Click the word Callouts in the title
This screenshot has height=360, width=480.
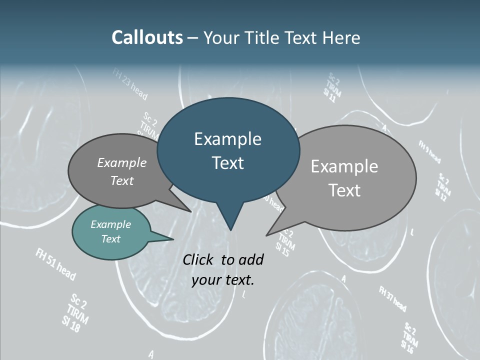(x=147, y=38)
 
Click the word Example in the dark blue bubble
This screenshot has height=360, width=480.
(x=227, y=139)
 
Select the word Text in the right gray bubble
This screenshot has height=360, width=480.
(x=344, y=190)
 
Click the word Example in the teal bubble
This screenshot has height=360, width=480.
(x=110, y=224)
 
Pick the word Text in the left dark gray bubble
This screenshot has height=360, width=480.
(x=122, y=181)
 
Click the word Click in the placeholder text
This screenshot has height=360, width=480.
(x=198, y=259)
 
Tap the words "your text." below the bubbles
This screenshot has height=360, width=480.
(x=223, y=280)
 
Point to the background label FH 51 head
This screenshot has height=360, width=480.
(x=55, y=264)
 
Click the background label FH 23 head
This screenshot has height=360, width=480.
(x=130, y=85)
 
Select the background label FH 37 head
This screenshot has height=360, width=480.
(x=392, y=298)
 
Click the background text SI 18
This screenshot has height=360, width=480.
(x=70, y=324)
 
